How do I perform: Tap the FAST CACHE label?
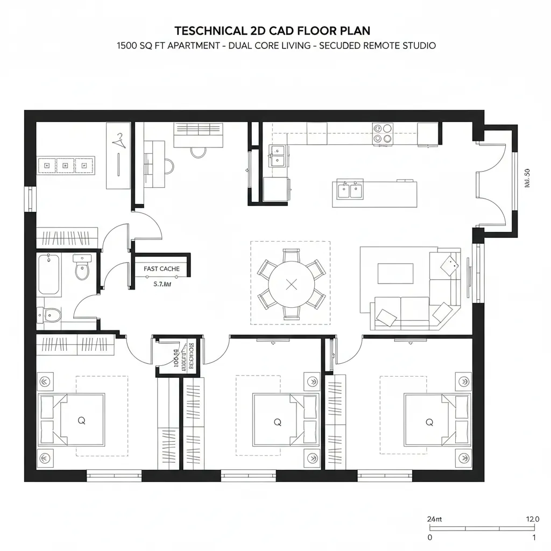click(x=161, y=269)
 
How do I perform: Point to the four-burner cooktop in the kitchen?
click(x=383, y=133)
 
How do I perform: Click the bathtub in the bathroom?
click(x=48, y=274)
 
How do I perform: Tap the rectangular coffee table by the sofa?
click(x=395, y=273)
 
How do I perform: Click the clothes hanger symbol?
click(x=118, y=141)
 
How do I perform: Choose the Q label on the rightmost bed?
click(x=429, y=422)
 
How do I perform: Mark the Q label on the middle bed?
click(x=278, y=422)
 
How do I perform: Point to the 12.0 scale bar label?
click(x=531, y=519)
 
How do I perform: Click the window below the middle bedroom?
click(x=249, y=475)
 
